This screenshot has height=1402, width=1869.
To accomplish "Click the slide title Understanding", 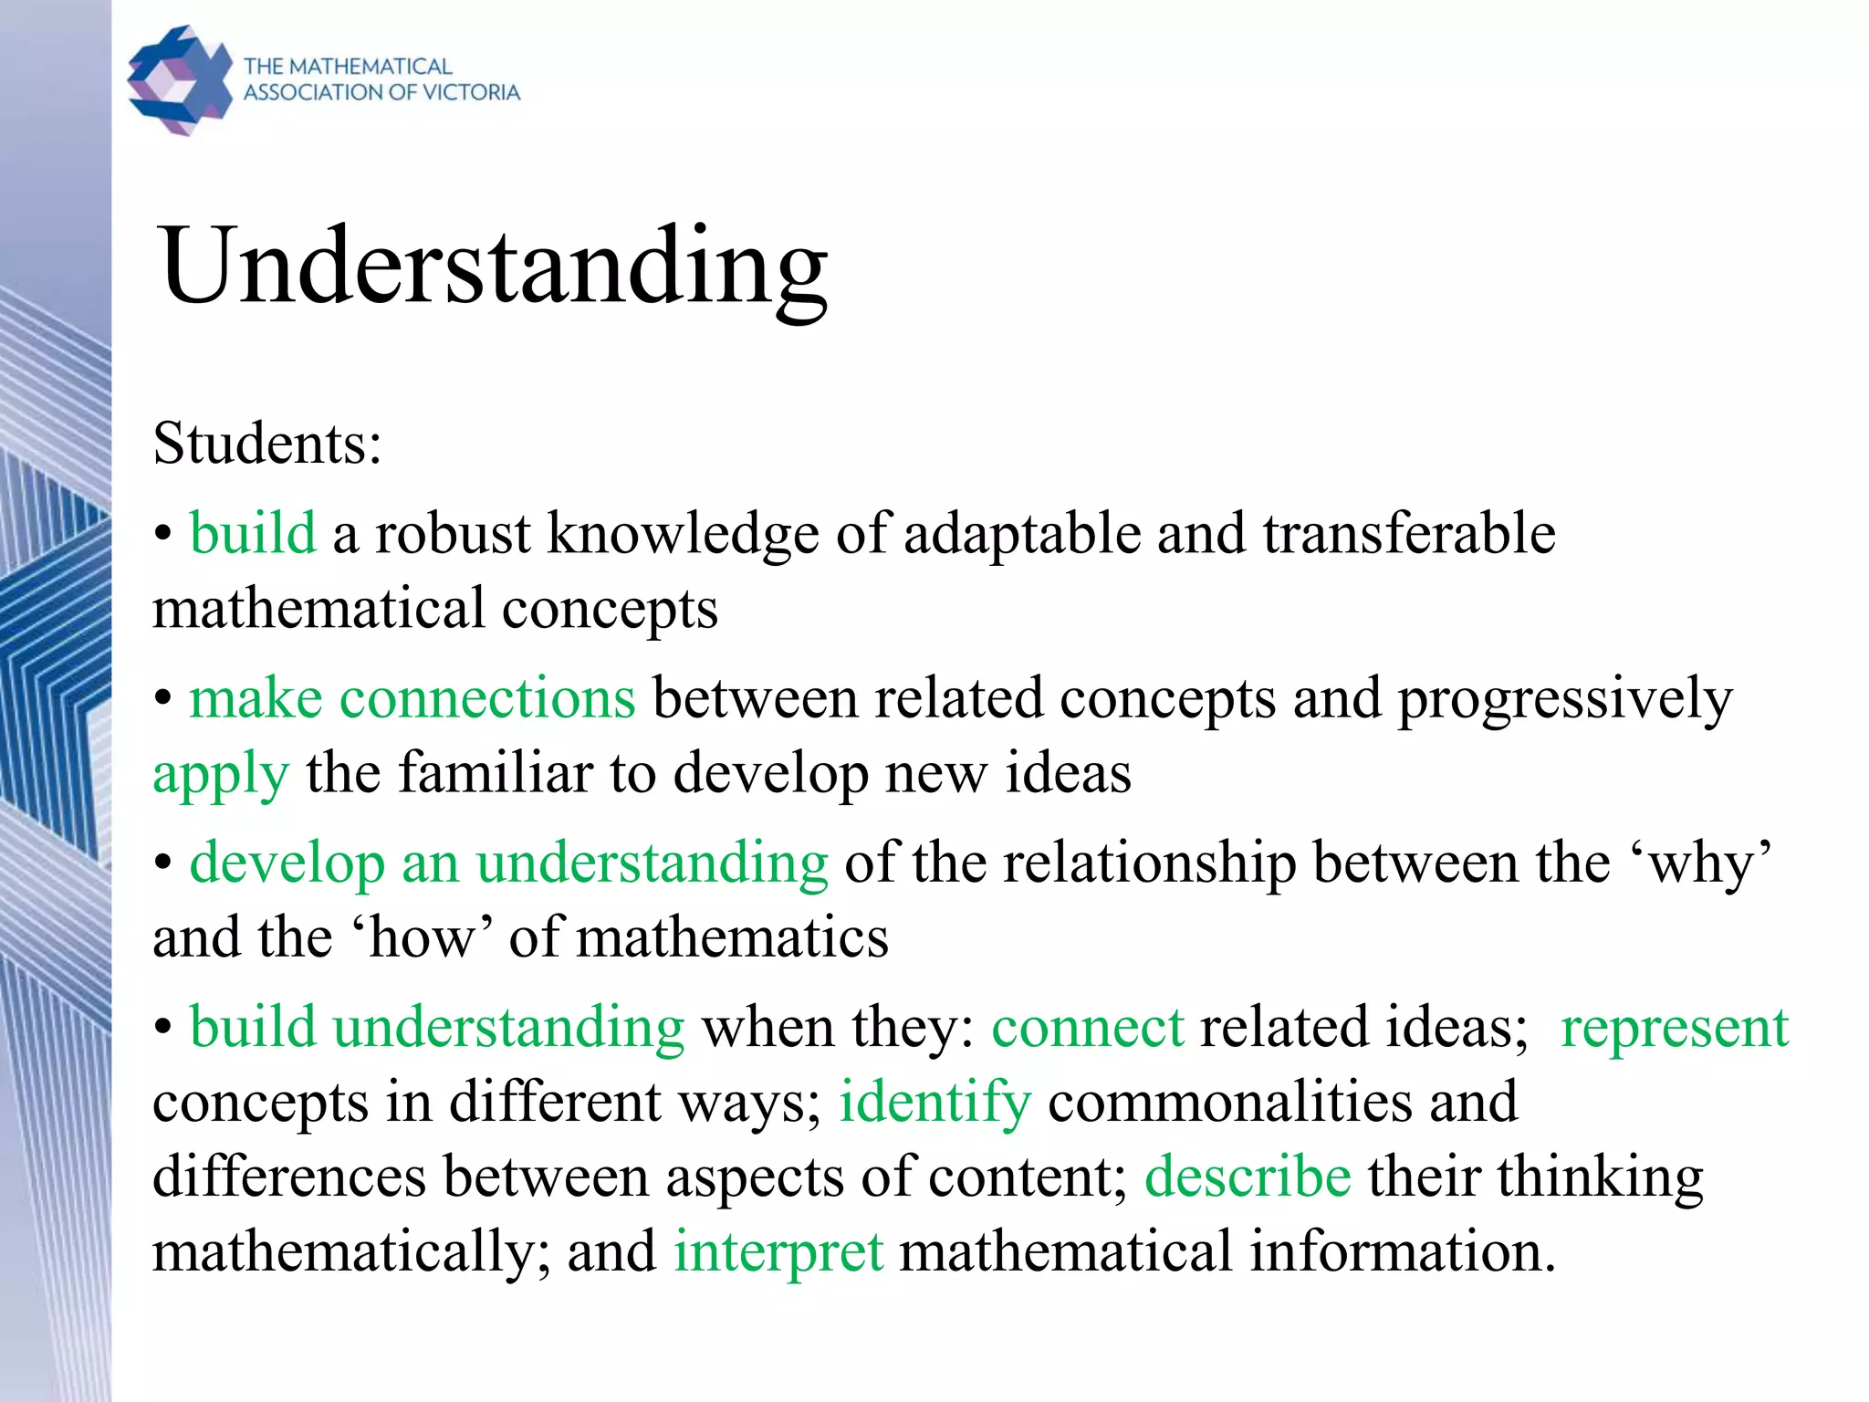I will pos(493,267).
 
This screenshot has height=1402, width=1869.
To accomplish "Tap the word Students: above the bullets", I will pos(266,445).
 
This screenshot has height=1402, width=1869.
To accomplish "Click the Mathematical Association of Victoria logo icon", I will pos(180,80).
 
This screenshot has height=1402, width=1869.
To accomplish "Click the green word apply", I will pos(221,774).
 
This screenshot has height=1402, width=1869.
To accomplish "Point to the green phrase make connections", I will pos(412,699).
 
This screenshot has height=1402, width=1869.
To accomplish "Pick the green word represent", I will pos(1675,1029).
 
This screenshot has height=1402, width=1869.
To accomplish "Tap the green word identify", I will pos(935,1103).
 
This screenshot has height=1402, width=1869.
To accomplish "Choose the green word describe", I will pos(1248,1177).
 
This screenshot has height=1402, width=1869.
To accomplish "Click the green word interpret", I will pos(778,1251).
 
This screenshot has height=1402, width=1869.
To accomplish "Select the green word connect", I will pos(1087,1029).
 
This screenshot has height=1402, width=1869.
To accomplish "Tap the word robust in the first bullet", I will pos(453,534).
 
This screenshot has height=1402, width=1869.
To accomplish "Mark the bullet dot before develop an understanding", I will pos(163,863).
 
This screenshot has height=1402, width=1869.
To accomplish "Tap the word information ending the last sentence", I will pos(1401,1251).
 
